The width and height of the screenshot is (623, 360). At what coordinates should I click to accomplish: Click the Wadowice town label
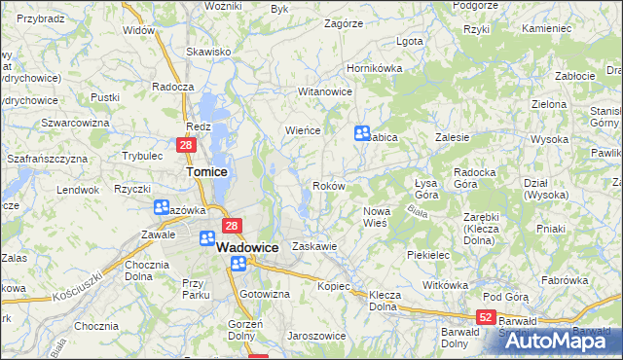247,248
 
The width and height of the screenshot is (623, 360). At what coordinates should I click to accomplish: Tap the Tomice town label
206,172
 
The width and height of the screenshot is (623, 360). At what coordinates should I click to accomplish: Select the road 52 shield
487,317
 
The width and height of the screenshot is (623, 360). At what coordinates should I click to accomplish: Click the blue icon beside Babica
362,133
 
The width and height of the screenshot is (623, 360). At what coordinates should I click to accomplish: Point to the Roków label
327,186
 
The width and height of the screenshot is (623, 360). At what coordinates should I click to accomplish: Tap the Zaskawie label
314,247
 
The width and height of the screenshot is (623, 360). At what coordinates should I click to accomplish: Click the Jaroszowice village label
316,336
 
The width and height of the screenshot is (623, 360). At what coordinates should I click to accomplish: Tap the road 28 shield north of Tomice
187,145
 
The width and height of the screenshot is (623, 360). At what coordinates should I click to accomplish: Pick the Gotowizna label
265,294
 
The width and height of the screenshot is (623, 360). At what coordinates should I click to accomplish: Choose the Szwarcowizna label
74,123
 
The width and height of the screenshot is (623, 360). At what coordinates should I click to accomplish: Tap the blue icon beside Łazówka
161,207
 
